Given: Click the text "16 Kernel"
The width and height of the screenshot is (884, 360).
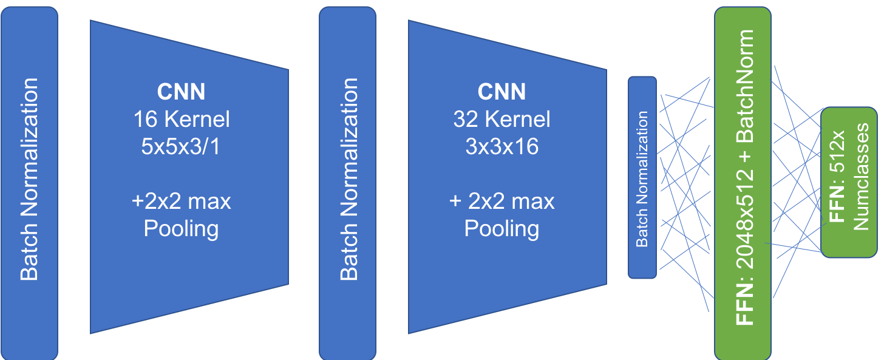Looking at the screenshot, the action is point(182,119).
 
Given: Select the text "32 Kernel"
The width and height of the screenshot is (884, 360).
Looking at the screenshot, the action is point(501,119).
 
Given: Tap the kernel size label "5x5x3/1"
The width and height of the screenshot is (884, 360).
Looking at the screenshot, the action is point(182,146).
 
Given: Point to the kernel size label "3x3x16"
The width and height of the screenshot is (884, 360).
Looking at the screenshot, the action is point(501,146).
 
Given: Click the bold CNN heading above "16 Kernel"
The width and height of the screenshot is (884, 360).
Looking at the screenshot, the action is point(182,92).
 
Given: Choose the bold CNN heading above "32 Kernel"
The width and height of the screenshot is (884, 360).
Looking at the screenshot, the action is point(501,92).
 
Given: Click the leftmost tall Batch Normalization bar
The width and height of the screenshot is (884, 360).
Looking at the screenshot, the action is point(29,182).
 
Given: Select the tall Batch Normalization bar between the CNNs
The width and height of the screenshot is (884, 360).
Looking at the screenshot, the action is point(347,182).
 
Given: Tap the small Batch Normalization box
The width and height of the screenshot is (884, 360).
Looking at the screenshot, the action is point(642,178).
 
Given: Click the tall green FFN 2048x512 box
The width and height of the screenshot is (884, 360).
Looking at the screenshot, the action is point(743,182).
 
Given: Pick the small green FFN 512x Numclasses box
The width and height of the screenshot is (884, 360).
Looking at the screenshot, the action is point(849,182).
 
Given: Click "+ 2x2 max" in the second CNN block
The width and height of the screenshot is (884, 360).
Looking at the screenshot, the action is point(501,201).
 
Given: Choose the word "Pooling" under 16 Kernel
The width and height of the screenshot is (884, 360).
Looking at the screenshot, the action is point(182,229).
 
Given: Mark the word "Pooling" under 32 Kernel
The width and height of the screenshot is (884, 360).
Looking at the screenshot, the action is point(501,229).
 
